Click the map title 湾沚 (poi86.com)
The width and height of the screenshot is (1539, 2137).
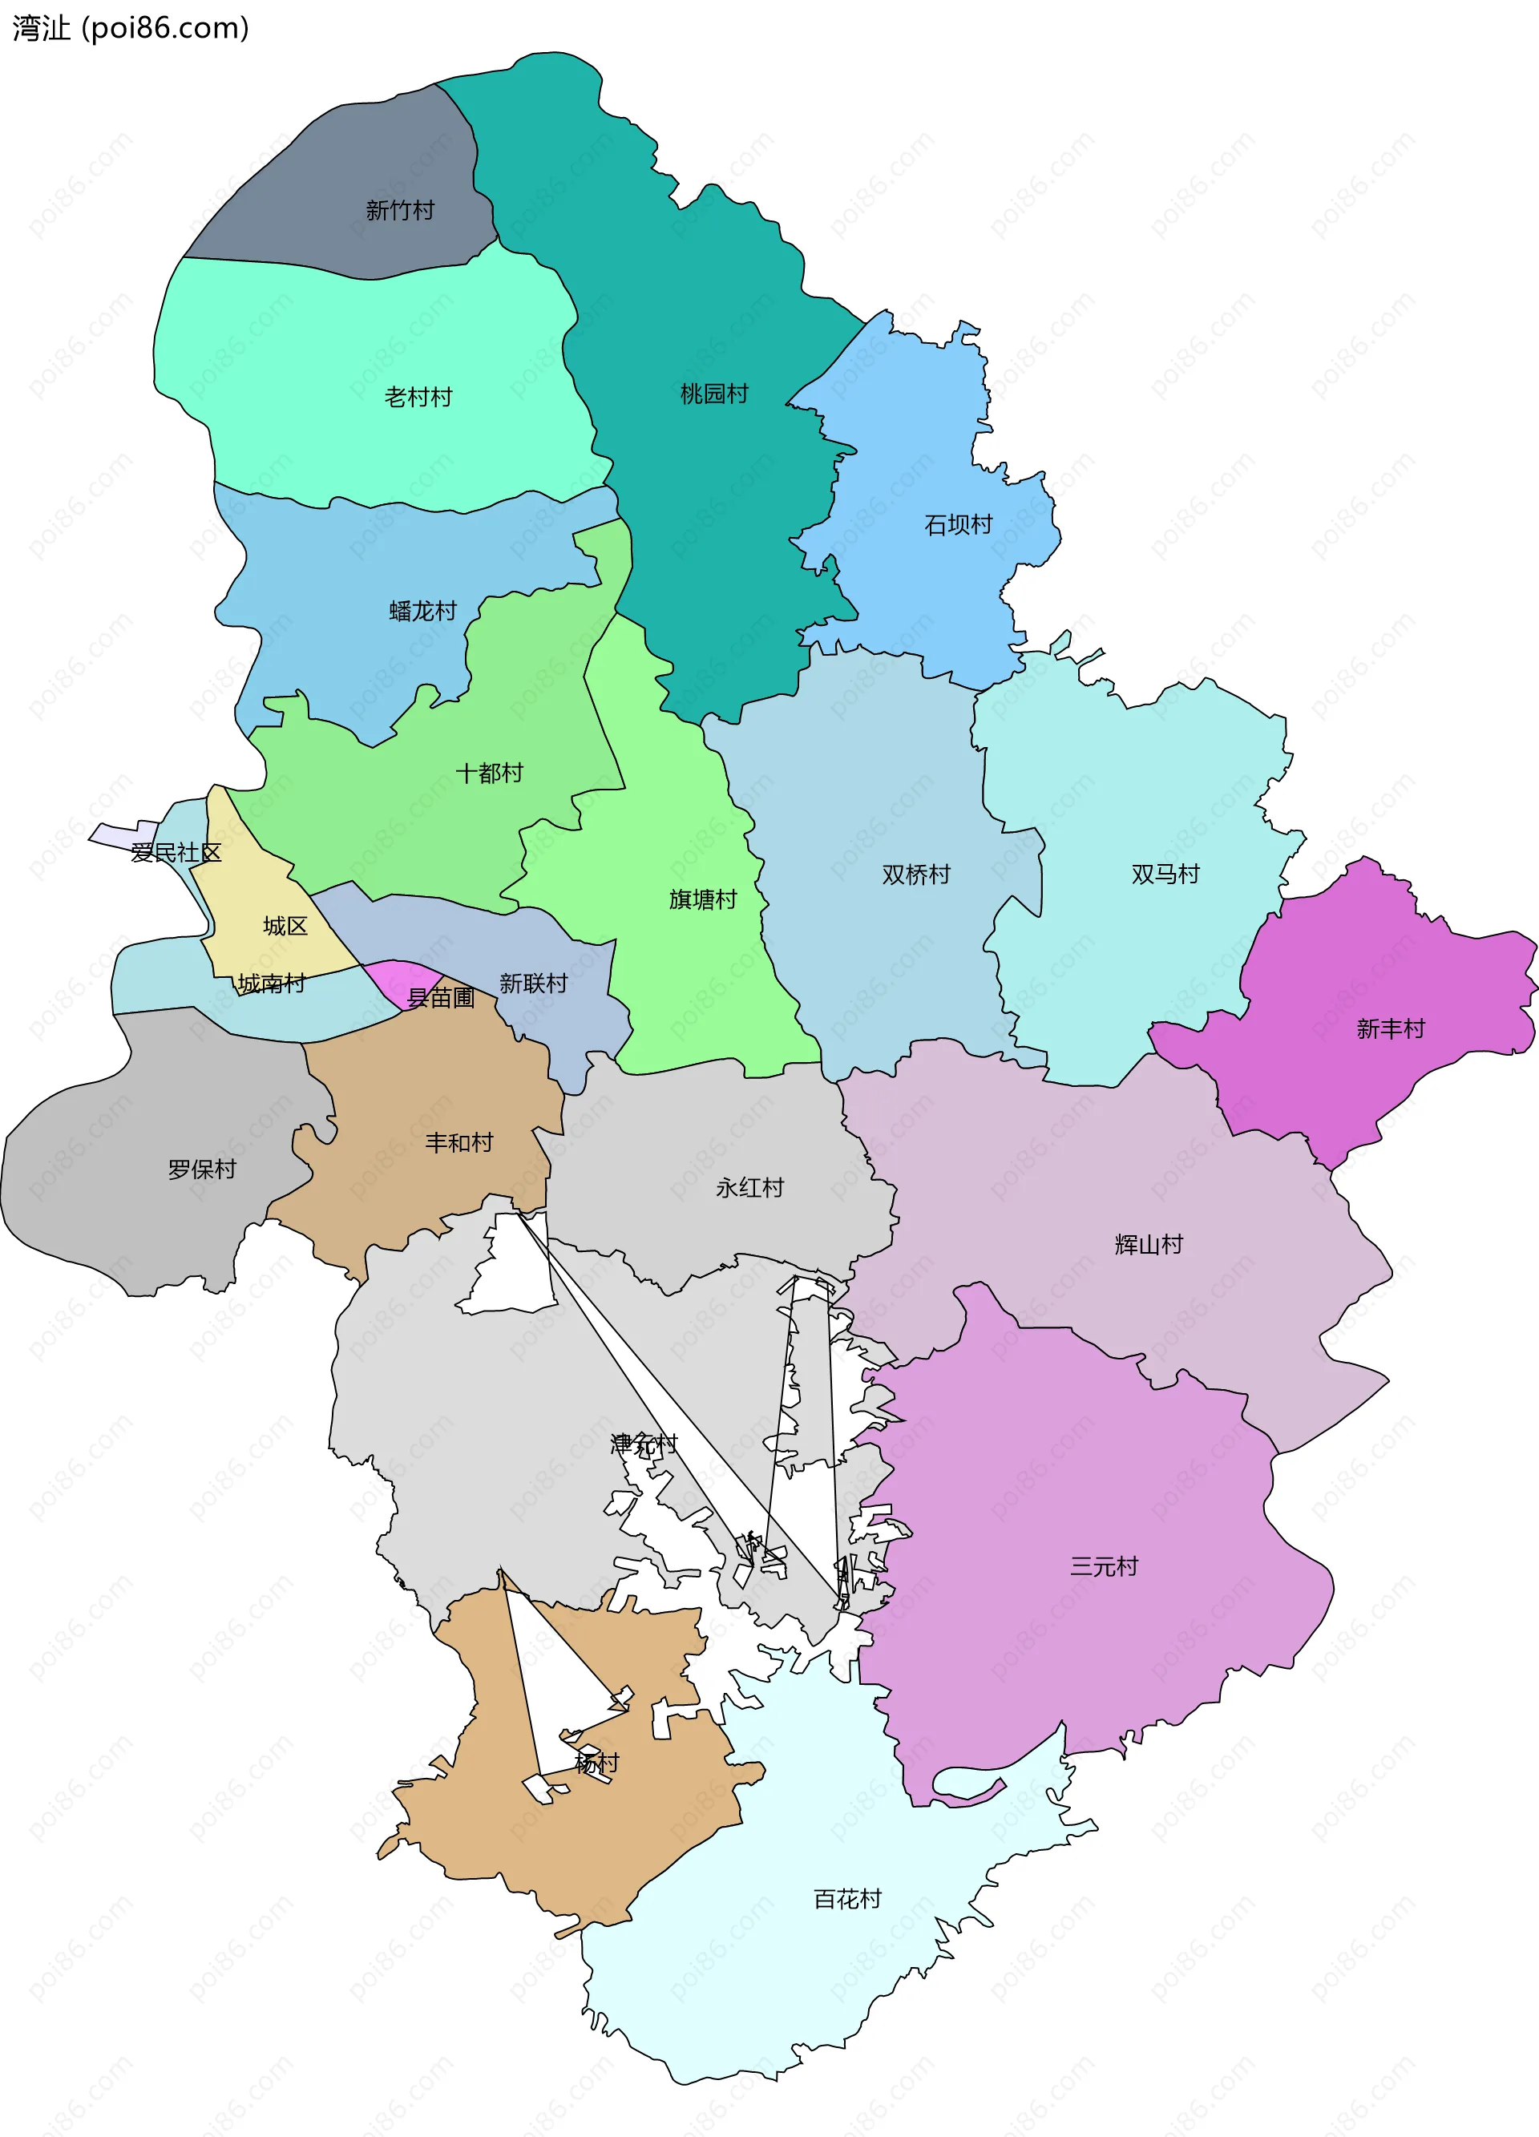(x=130, y=28)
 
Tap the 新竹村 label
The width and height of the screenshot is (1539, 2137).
(x=401, y=210)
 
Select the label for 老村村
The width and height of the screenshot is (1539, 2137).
(x=418, y=397)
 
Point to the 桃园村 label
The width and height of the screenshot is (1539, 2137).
(x=714, y=394)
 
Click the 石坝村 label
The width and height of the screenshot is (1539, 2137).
(x=959, y=525)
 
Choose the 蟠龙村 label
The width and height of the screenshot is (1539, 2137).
(x=423, y=612)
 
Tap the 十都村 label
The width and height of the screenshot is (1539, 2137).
(x=490, y=774)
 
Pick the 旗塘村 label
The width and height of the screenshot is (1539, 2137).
(x=703, y=900)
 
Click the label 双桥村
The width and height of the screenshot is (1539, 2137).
(x=916, y=875)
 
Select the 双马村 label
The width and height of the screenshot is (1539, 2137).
(x=1165, y=875)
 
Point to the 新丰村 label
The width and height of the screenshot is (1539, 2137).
(x=1391, y=1029)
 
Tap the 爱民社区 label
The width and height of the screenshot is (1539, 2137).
(x=176, y=853)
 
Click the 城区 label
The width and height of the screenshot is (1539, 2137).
(x=285, y=927)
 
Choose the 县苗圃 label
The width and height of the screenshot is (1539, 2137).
(x=440, y=997)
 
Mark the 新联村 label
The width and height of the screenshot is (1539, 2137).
(x=533, y=984)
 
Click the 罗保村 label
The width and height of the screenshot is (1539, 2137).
(x=202, y=1169)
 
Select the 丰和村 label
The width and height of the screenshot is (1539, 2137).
(x=460, y=1143)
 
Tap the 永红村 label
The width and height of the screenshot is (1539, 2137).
(x=750, y=1188)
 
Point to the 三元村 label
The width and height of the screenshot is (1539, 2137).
(x=1105, y=1567)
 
